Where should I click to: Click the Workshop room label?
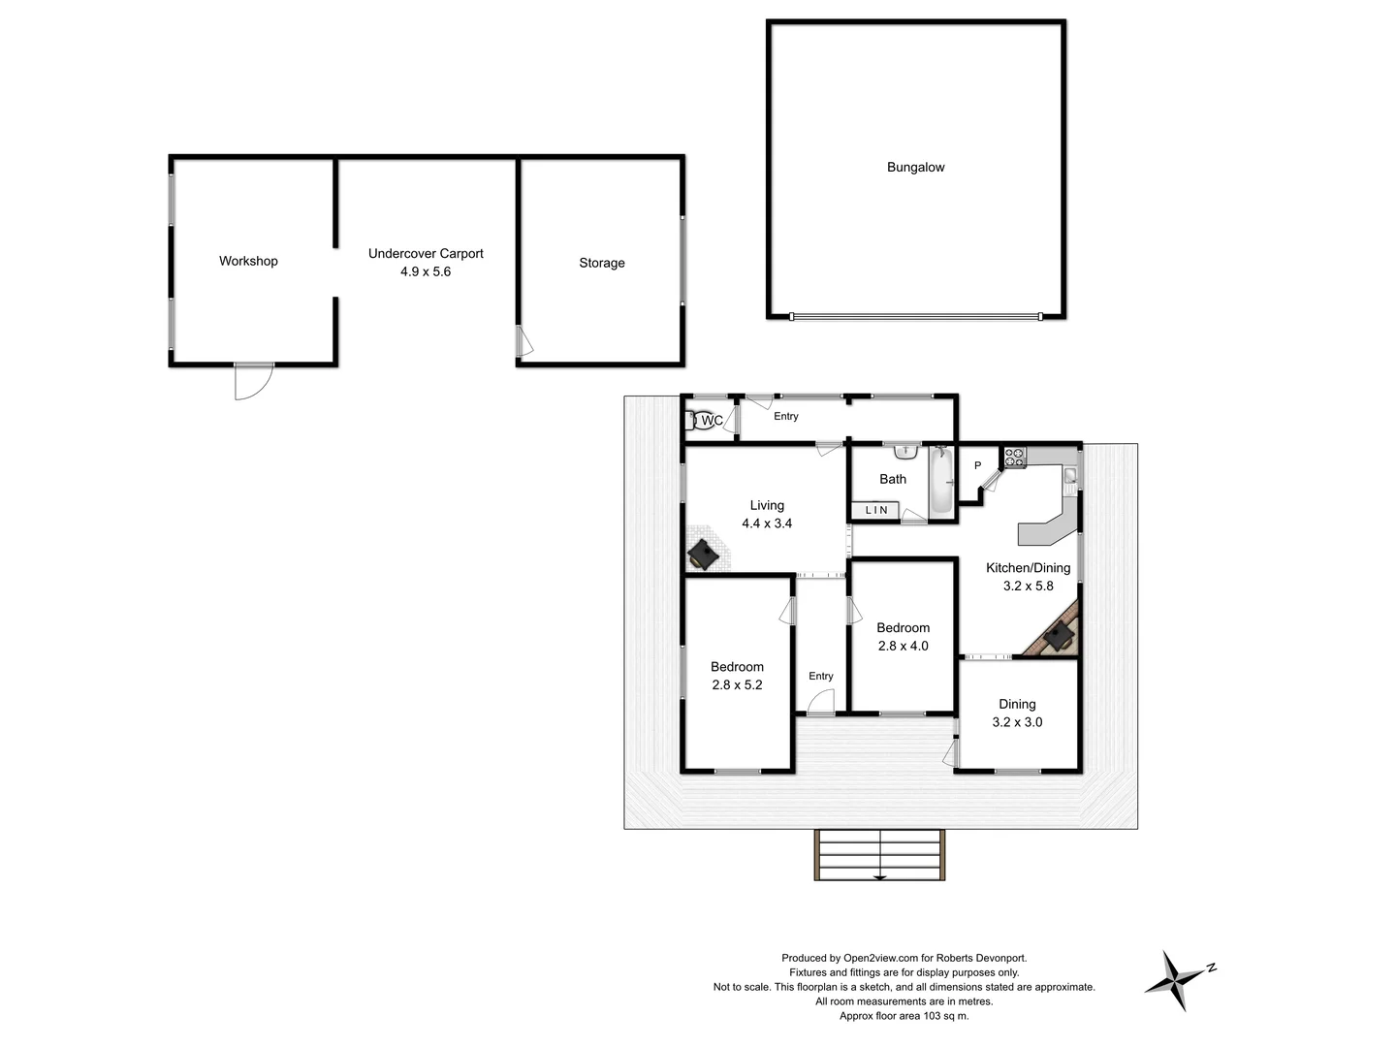(248, 261)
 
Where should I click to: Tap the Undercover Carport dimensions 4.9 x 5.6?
(426, 272)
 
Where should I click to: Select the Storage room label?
(602, 263)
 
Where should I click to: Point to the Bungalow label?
(915, 168)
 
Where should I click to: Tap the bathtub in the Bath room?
(940, 481)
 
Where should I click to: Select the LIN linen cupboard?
(875, 510)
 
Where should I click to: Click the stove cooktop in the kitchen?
(1014, 458)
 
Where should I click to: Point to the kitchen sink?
(1069, 476)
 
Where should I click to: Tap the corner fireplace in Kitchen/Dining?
(1057, 635)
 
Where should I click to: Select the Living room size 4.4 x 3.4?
(767, 523)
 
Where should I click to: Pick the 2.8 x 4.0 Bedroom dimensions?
(903, 646)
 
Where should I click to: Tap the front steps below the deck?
(879, 854)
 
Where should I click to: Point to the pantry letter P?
(977, 466)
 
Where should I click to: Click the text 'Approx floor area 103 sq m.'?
(904, 1016)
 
